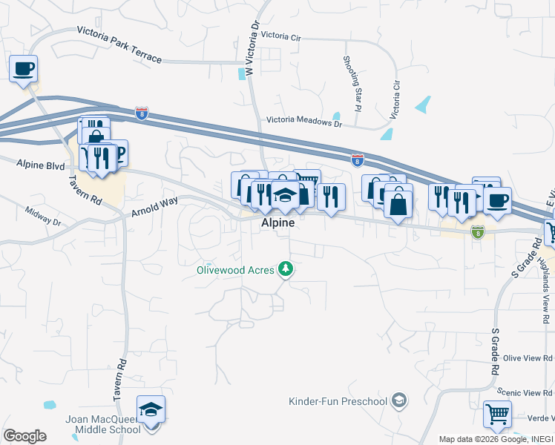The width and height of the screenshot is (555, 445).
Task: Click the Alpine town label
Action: [x=277, y=222]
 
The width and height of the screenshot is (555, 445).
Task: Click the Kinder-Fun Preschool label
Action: [x=338, y=402]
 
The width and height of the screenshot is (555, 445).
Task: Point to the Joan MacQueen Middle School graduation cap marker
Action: [x=151, y=410]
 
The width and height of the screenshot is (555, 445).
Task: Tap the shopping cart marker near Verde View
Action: [x=496, y=414]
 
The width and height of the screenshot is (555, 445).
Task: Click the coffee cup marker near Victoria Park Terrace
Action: [x=24, y=70]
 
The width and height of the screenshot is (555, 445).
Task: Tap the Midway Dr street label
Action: [x=42, y=216]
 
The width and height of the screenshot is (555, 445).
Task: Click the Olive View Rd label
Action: [x=528, y=357]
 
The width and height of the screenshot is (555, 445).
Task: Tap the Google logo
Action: [x=24, y=435]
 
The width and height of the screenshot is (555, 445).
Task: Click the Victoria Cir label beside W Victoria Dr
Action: [x=282, y=35]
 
